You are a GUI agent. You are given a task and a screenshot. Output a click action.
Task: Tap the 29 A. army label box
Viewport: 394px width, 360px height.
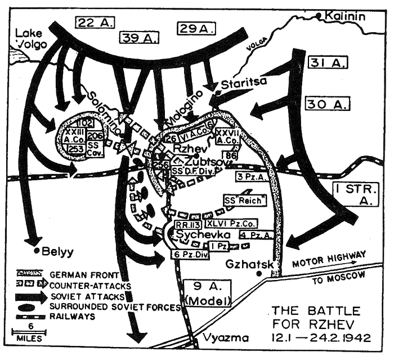(x=195, y=28)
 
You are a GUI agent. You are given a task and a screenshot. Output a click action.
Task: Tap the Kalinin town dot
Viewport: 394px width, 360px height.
(x=319, y=15)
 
